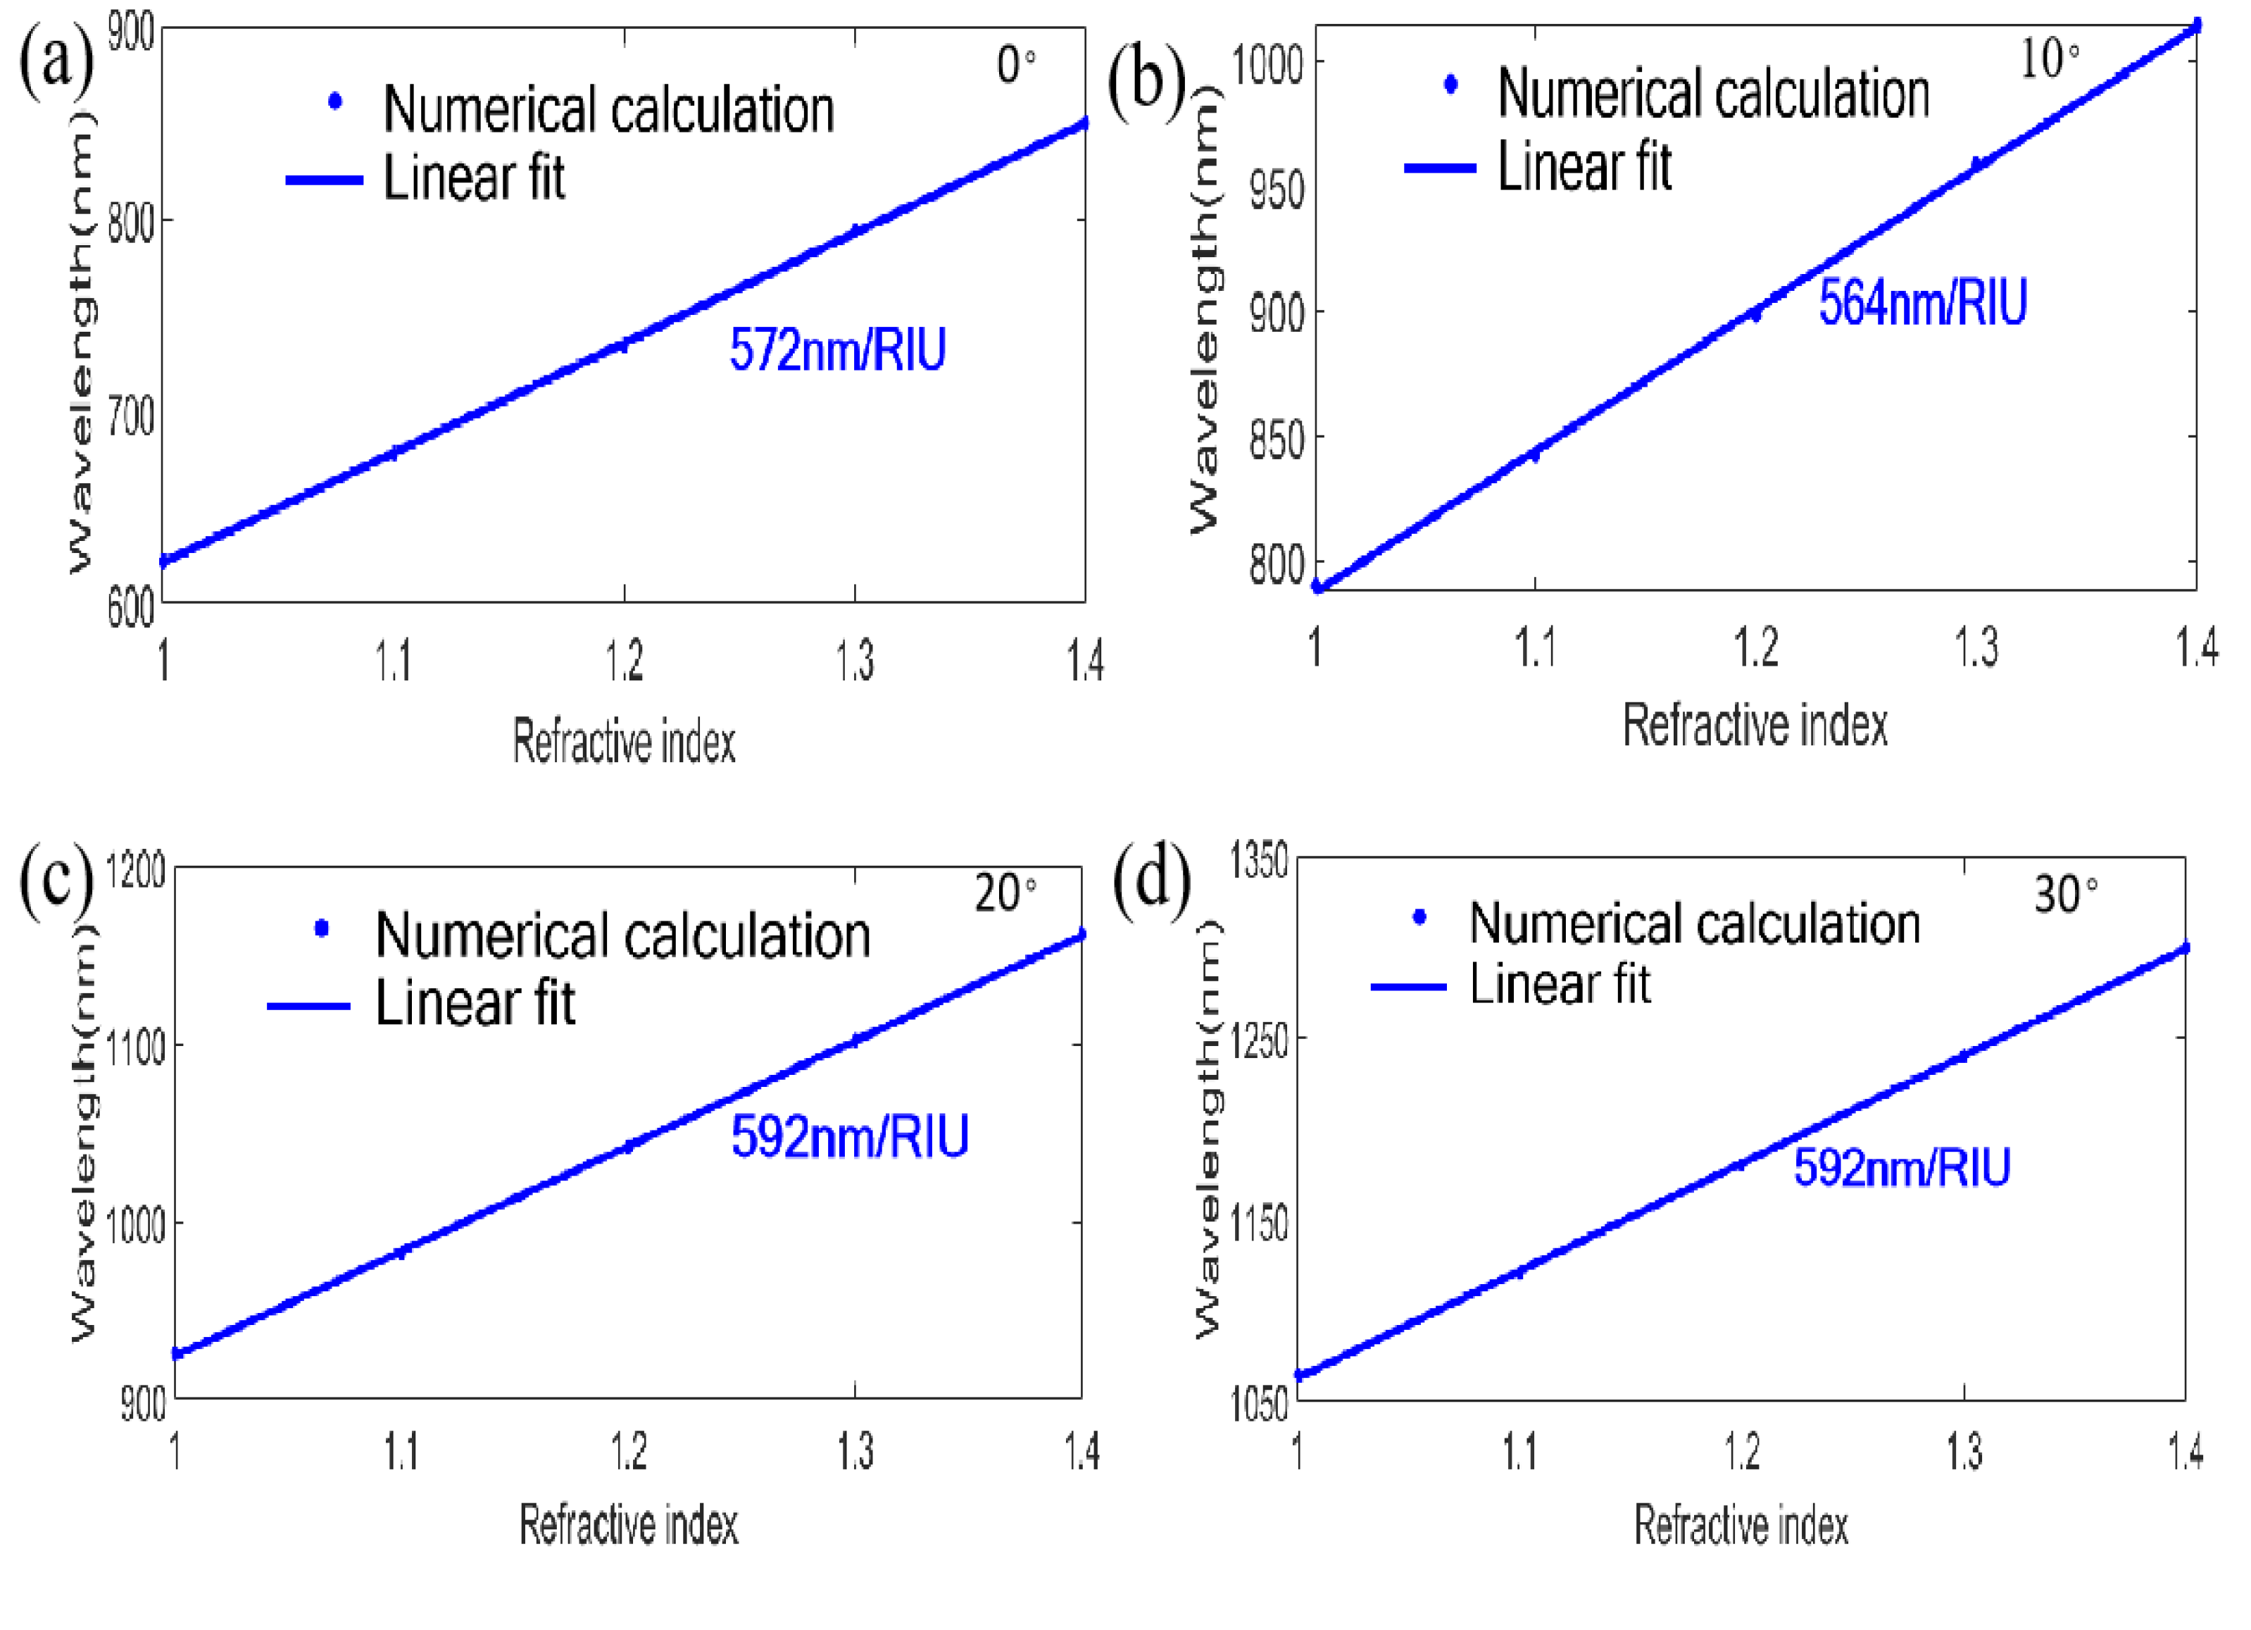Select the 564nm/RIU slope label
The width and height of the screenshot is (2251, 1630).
click(x=1921, y=303)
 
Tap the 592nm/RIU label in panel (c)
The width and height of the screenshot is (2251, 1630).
click(x=850, y=1137)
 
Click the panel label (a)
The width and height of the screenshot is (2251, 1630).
click(x=56, y=61)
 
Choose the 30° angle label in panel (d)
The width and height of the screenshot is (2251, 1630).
click(x=2065, y=895)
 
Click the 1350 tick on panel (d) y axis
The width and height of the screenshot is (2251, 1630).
click(x=1258, y=859)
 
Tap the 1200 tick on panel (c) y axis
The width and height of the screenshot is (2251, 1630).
click(x=135, y=871)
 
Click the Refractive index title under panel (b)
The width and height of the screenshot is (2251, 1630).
click(x=1755, y=726)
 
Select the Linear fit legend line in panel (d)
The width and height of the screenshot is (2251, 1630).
click(x=1408, y=987)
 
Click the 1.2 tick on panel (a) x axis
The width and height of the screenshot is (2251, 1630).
click(x=625, y=660)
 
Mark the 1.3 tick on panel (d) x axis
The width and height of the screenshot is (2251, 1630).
click(x=1964, y=1451)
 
